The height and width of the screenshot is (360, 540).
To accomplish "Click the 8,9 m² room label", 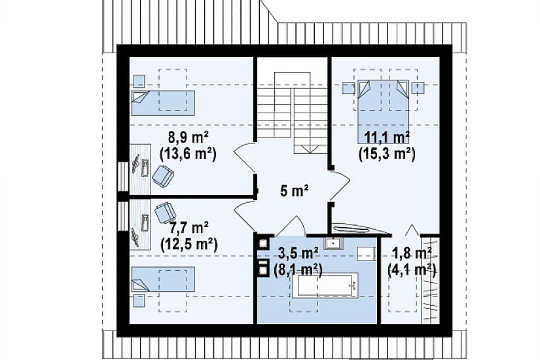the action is (x=189, y=138).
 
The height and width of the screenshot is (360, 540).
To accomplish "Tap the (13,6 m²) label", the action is (x=189, y=154).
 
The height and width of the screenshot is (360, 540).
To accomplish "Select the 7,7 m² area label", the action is (x=189, y=228).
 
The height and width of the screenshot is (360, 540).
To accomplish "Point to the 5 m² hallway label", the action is (x=294, y=190).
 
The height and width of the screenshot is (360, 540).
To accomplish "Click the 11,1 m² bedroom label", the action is (x=387, y=138).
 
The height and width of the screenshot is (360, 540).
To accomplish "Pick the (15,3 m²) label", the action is (x=387, y=154).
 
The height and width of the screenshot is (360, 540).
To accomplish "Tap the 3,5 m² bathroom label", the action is (x=298, y=253).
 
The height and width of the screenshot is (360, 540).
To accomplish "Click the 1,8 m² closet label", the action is (x=412, y=253).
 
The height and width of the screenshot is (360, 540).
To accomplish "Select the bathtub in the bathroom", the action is (x=325, y=285).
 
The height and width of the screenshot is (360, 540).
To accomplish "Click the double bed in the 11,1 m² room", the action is (x=383, y=112).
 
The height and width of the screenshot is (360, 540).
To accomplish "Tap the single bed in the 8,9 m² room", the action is (x=163, y=103).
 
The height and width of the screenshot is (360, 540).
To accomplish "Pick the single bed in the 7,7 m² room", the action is (x=163, y=279).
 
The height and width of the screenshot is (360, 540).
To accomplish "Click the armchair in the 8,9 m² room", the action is (x=163, y=175).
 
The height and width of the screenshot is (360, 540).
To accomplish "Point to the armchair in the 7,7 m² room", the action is (x=166, y=212).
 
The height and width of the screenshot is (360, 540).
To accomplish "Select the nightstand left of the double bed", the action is (x=348, y=88).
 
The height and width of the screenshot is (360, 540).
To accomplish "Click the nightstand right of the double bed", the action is (x=418, y=88).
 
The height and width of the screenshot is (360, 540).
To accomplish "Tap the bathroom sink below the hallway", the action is (x=333, y=243).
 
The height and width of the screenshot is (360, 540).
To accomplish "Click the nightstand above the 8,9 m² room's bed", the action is (x=139, y=81).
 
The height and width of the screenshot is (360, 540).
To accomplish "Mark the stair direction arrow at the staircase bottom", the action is (x=310, y=149).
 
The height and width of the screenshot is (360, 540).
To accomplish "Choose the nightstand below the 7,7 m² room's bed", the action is (x=139, y=300).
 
